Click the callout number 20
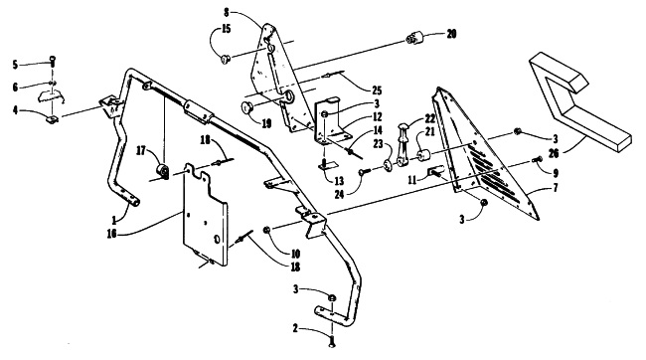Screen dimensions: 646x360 451,34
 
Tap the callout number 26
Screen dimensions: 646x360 554,153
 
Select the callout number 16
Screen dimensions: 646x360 111,234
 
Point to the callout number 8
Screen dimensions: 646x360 227,12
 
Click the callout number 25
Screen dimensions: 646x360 377,90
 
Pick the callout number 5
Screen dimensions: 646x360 15,65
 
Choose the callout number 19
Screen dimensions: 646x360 266,123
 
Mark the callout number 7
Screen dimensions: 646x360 556,188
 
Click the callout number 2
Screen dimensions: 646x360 295,328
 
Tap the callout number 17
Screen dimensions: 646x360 141,151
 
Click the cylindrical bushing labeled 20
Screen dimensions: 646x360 413,39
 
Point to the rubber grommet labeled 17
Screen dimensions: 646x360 162,171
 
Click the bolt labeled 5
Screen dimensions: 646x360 53,63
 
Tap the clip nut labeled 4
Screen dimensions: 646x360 52,120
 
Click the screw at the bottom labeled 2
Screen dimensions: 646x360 332,342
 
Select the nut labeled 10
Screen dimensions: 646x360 266,230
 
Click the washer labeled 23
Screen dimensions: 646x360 388,166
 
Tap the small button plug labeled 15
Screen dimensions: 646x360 225,60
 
